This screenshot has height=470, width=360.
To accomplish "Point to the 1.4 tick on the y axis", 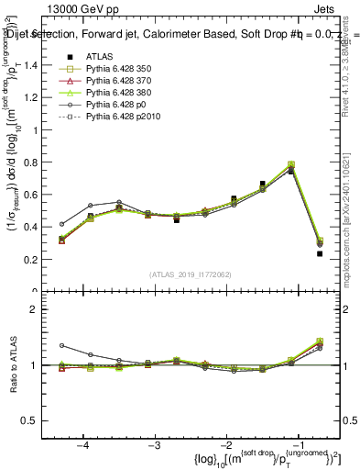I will coord(37,65).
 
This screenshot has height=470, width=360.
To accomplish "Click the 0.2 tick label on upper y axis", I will coord(37,260).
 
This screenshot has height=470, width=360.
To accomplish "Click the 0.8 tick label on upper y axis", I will coord(37,162).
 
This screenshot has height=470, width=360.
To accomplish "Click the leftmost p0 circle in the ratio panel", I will coord(62,345).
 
